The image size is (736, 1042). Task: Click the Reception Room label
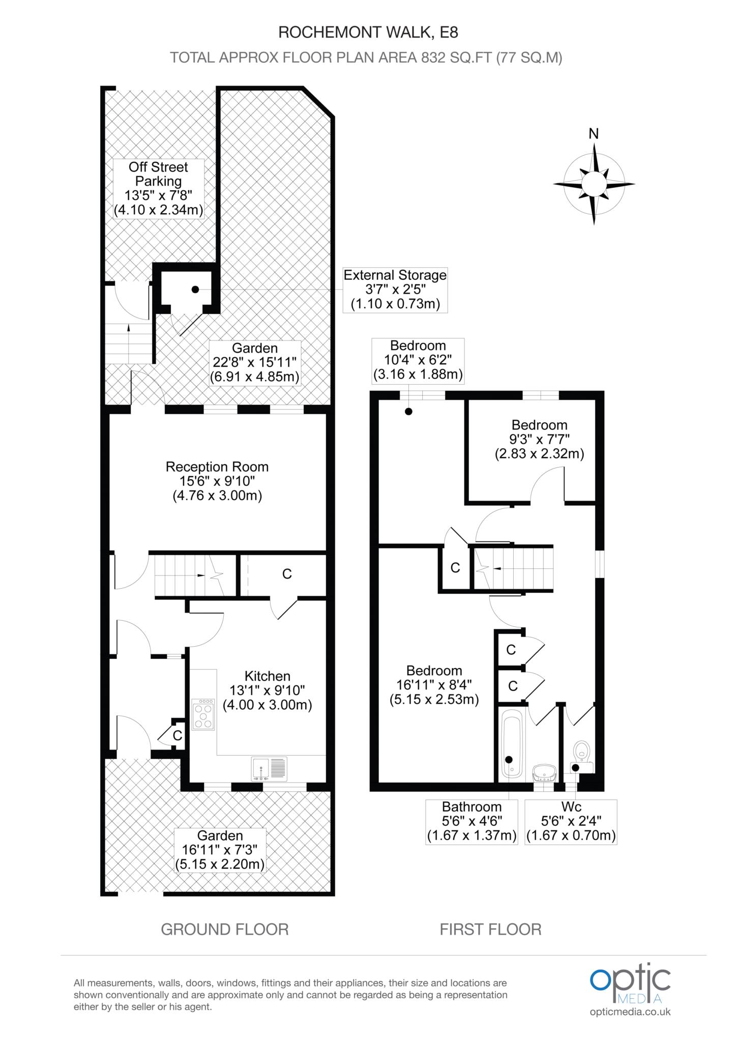pos(217,481)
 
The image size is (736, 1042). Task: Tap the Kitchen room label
pos(267,690)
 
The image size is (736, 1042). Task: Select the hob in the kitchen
pos(203,715)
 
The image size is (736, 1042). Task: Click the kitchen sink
pos(269,769)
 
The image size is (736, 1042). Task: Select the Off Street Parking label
pos(158,188)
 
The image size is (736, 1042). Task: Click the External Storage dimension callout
pos(395,290)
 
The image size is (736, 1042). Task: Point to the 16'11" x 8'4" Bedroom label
pos(434,685)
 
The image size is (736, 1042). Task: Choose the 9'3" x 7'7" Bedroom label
pos(539,439)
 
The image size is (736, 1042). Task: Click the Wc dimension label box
pos(571,822)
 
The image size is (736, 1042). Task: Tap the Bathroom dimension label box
pos(472,822)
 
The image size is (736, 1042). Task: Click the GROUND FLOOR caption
pos(225,930)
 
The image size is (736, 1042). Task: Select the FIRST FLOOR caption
pos(490,930)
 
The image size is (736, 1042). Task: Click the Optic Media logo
pos(630,986)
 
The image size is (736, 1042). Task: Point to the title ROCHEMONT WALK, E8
pos(368,33)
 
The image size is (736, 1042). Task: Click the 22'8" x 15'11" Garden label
pos(255,363)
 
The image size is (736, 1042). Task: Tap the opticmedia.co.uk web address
pos(630,1012)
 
